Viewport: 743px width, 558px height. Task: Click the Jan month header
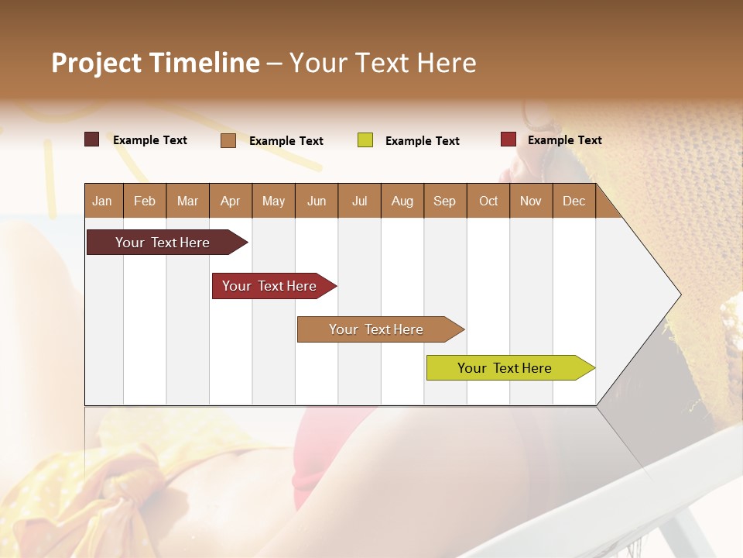click(103, 201)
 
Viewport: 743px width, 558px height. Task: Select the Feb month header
click(145, 201)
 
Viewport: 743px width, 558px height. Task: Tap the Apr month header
click(231, 201)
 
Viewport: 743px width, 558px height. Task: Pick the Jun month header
click(317, 201)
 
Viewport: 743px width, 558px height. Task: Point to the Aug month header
click(402, 201)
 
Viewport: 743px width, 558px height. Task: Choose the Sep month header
click(445, 201)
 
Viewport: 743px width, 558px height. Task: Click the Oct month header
click(488, 201)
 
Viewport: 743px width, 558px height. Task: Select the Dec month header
click(574, 201)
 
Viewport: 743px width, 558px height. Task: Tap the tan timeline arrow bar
click(377, 329)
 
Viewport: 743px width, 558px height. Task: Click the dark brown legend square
click(92, 139)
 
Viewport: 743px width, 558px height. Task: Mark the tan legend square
click(228, 140)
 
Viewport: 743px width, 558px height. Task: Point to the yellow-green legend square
click(365, 140)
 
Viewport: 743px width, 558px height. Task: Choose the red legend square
click(508, 139)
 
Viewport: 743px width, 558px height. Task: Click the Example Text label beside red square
click(564, 140)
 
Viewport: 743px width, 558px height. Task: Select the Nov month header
click(531, 201)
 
